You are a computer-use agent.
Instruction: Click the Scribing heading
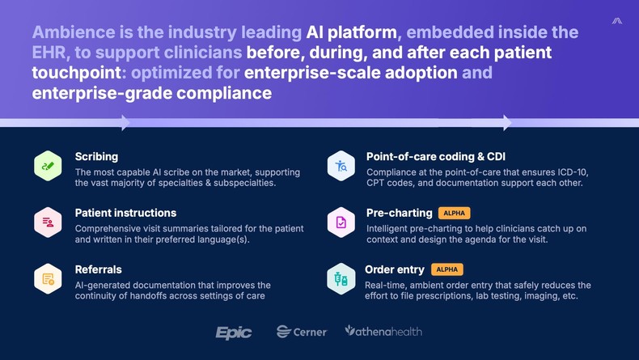(x=96, y=156)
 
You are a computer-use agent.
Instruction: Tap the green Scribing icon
(x=48, y=166)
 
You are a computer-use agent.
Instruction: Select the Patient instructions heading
(x=125, y=213)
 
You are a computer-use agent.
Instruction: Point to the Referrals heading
(x=99, y=269)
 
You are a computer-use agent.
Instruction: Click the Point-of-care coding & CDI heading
(x=435, y=156)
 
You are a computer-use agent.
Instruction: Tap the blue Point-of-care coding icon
(x=341, y=166)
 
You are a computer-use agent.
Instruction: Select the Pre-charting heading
(x=399, y=213)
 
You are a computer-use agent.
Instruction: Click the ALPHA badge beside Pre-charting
(x=454, y=213)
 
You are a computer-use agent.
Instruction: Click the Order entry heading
(x=395, y=269)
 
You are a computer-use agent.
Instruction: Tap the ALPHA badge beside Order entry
(x=446, y=269)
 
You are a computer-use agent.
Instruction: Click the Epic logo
(x=234, y=332)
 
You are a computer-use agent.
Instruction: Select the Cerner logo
(x=302, y=332)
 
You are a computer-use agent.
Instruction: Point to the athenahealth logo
(x=383, y=331)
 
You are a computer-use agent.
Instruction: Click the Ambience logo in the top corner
(x=617, y=21)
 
